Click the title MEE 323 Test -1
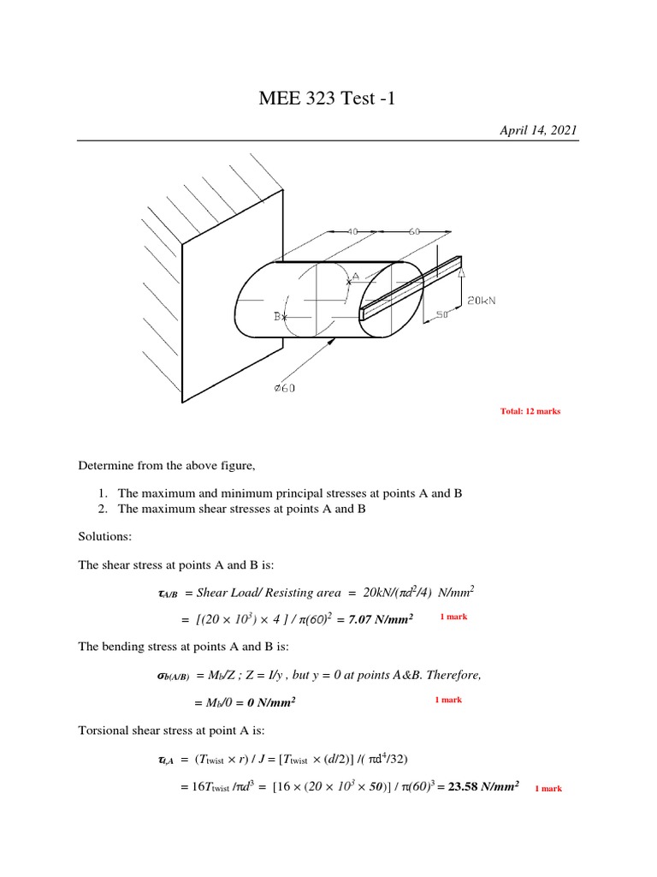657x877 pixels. [328, 98]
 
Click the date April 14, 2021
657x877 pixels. [538, 130]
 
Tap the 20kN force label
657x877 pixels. [483, 300]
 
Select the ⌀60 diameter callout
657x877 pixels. [285, 388]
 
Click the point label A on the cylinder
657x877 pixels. [354, 277]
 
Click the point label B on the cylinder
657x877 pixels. [278, 316]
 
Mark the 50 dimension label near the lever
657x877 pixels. [443, 315]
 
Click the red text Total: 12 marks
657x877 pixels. [530, 411]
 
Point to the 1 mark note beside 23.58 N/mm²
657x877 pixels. [548, 788]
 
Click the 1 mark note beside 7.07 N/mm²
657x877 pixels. [453, 617]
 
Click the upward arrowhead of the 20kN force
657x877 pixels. [461, 272]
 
